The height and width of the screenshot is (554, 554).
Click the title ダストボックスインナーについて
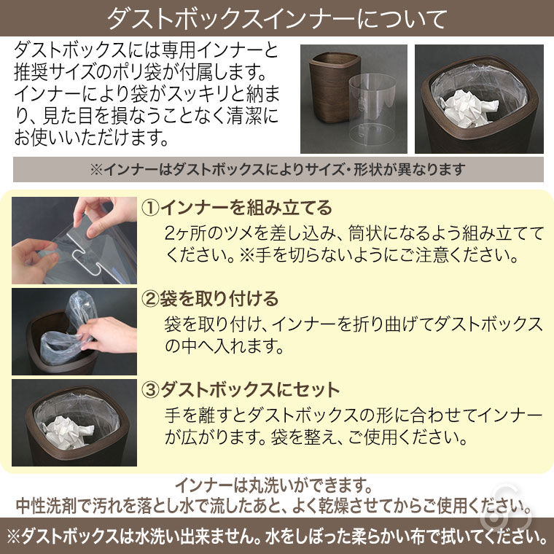pyautogui.click(x=277, y=18)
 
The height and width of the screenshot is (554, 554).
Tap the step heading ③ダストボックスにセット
pyautogui.click(x=241, y=389)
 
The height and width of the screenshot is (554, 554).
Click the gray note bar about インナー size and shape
pyautogui.click(x=277, y=170)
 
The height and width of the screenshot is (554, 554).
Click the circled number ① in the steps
pyautogui.click(x=149, y=208)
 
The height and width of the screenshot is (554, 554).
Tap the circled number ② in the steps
pyautogui.click(x=149, y=299)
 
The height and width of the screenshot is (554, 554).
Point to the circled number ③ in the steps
pyautogui.click(x=149, y=389)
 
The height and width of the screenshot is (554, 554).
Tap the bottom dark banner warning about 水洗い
pyautogui.click(x=277, y=537)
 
